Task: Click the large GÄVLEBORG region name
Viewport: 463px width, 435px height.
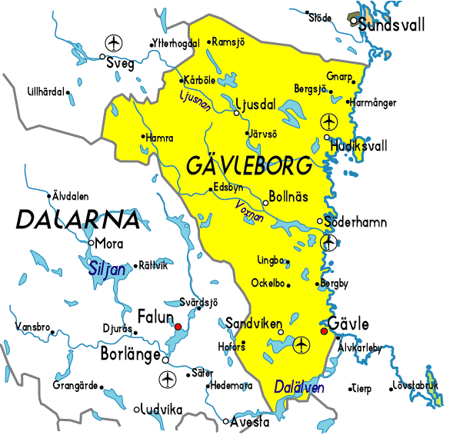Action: (x=250, y=165)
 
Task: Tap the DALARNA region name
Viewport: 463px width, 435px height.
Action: (x=78, y=220)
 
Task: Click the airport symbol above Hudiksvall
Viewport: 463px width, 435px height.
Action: (x=328, y=121)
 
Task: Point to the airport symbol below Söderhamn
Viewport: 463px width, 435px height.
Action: (x=329, y=243)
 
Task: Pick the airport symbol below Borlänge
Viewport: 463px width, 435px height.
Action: (x=166, y=379)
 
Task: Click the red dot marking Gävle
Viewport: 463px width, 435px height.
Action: (x=324, y=332)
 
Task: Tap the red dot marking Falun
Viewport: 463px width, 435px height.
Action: (x=178, y=327)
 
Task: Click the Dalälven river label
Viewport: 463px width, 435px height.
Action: (x=299, y=388)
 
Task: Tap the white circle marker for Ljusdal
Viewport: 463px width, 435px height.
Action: (x=237, y=113)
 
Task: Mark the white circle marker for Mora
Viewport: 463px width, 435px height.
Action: (x=92, y=243)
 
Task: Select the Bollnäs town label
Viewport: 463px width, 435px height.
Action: (x=289, y=197)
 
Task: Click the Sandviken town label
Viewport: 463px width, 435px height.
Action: (x=253, y=323)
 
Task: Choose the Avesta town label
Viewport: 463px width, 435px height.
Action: (x=251, y=422)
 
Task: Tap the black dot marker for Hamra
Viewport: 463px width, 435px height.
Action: (x=142, y=138)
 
